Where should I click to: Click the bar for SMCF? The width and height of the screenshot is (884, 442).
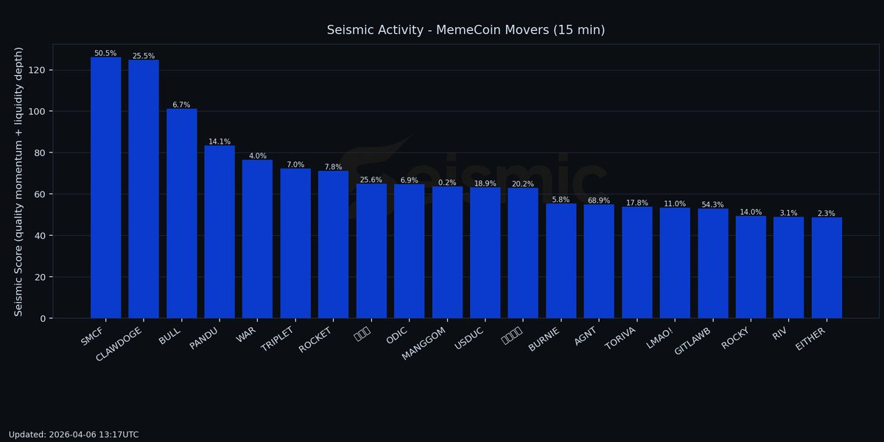click(105, 188)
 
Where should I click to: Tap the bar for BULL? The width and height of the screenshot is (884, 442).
click(181, 214)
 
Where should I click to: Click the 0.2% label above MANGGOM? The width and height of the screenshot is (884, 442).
click(447, 183)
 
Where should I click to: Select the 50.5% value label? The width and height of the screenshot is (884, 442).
click(105, 53)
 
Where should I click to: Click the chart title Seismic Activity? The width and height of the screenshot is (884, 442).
click(466, 30)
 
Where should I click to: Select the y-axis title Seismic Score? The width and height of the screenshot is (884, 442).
click(19, 181)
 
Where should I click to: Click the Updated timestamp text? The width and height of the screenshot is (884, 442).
click(74, 435)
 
